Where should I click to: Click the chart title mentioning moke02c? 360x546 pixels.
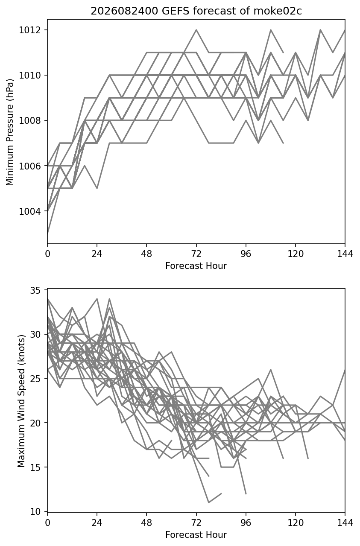pyautogui.click(x=196, y=11)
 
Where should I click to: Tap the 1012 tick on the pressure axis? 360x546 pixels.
pyautogui.click(x=30, y=30)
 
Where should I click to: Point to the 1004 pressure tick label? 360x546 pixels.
pyautogui.click(x=30, y=211)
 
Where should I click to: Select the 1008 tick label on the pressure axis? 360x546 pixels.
pyautogui.click(x=30, y=120)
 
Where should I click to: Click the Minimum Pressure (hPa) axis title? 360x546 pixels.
pyautogui.click(x=9, y=132)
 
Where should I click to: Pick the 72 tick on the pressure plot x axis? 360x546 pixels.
pyautogui.click(x=196, y=254)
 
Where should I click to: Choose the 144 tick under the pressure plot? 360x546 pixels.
pyautogui.click(x=345, y=254)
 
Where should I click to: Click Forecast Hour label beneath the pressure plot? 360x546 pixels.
pyautogui.click(x=196, y=266)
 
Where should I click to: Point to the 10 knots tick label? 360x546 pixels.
pyautogui.click(x=35, y=511)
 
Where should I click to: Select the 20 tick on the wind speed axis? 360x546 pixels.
pyautogui.click(x=35, y=423)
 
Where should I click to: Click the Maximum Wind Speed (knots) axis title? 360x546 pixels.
pyautogui.click(x=21, y=401)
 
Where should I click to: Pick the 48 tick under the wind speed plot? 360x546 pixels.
pyautogui.click(x=146, y=523)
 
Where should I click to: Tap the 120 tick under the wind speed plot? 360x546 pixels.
pyautogui.click(x=296, y=523)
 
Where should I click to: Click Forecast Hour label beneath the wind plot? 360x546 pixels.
pyautogui.click(x=196, y=535)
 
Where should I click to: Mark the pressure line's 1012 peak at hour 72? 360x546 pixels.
pyautogui.click(x=196, y=30)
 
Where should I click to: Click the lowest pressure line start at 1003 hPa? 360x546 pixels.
pyautogui.click(x=47, y=234)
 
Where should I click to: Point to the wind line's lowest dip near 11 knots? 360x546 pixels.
pyautogui.click(x=208, y=502)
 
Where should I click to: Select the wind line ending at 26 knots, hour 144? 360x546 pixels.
pyautogui.click(x=344, y=371)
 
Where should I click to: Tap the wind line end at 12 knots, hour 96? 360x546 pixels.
pyautogui.click(x=246, y=493)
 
